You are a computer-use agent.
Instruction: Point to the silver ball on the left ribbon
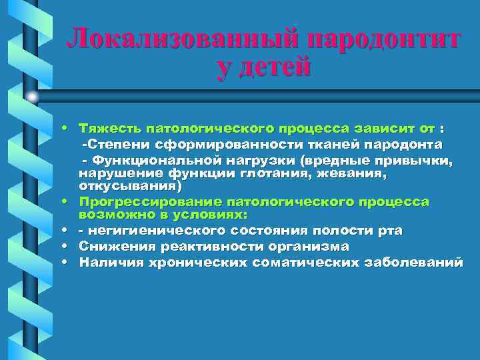click(x=32, y=97)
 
